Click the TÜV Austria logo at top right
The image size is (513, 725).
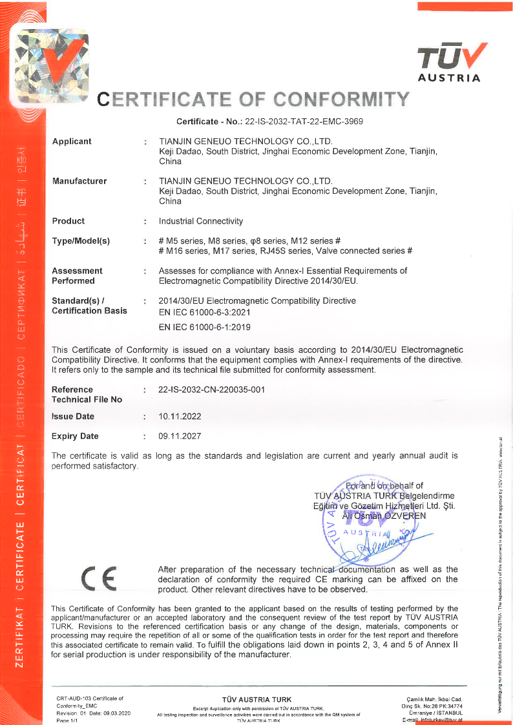click(450, 63)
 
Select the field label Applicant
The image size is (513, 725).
click(72, 142)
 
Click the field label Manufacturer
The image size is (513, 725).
click(79, 181)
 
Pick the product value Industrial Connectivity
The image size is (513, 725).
click(200, 221)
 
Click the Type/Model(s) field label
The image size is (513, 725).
click(81, 241)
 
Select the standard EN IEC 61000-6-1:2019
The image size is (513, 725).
click(205, 327)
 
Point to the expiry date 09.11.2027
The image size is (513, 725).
click(180, 436)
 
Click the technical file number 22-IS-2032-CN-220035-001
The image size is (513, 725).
click(211, 390)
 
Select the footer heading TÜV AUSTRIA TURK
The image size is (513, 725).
click(256, 700)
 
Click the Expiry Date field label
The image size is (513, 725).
click(75, 436)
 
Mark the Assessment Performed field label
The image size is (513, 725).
click(77, 276)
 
